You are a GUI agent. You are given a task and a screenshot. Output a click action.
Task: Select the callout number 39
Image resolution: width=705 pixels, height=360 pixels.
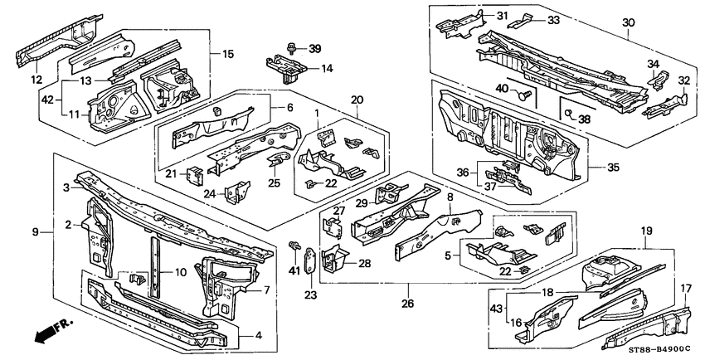314,50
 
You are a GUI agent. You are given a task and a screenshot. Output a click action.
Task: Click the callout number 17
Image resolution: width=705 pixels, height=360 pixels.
686,289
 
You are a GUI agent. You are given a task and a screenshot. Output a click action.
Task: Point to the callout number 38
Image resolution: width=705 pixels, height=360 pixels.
584,119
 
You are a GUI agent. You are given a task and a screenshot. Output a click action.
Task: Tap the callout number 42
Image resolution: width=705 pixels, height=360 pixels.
47,98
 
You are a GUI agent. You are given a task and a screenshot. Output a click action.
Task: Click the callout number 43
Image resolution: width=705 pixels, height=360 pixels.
495,309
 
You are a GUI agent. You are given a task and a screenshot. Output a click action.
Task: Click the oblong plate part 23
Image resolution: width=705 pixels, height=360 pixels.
309,260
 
